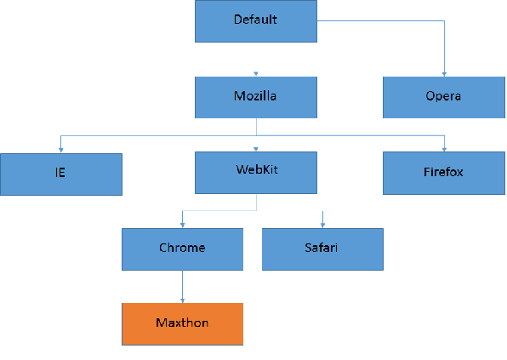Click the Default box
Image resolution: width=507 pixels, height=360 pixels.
coord(256,21)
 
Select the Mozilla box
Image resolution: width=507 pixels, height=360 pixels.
coord(256,97)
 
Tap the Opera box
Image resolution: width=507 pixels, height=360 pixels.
coord(444,97)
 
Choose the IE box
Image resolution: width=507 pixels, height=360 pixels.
coord(61,174)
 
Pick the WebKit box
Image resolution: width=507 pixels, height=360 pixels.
coord(256,173)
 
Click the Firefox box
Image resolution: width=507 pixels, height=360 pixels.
coord(444,173)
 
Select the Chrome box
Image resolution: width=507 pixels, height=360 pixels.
coord(182,249)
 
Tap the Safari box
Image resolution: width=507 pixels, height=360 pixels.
coord(322,249)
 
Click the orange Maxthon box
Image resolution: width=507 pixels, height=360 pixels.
coord(182,324)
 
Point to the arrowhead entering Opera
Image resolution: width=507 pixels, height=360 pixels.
coord(444,74)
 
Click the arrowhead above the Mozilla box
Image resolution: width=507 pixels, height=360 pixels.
coord(256,74)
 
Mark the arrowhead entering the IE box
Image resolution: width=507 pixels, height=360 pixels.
coord(60,150)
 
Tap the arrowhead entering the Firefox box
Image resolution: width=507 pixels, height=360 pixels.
coord(444,150)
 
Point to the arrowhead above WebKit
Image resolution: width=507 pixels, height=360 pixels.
coord(256,149)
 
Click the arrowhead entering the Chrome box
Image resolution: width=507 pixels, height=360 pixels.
coord(182,226)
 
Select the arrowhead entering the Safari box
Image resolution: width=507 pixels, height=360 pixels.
coord(322,226)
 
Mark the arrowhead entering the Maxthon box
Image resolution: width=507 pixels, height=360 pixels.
coord(182,300)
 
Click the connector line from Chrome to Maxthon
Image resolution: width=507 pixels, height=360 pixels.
coord(182,287)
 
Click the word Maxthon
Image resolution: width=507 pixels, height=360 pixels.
coord(182,323)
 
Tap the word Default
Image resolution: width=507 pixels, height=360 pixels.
coord(255,20)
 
